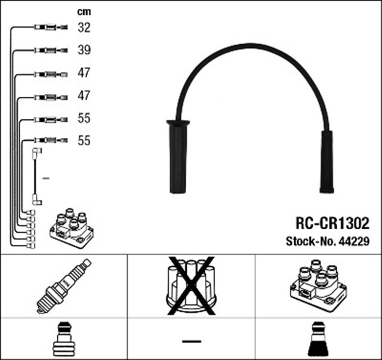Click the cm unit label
click(84, 12)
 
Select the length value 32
click(84, 27)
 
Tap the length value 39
click(84, 50)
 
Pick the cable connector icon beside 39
click(49, 50)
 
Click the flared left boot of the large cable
click(177, 156)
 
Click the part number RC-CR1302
click(332, 223)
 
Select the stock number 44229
click(355, 242)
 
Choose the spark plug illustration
click(64, 285)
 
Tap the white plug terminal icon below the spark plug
click(63, 340)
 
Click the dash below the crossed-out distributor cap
click(191, 340)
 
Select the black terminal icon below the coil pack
click(318, 340)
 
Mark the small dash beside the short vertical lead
click(46, 178)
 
